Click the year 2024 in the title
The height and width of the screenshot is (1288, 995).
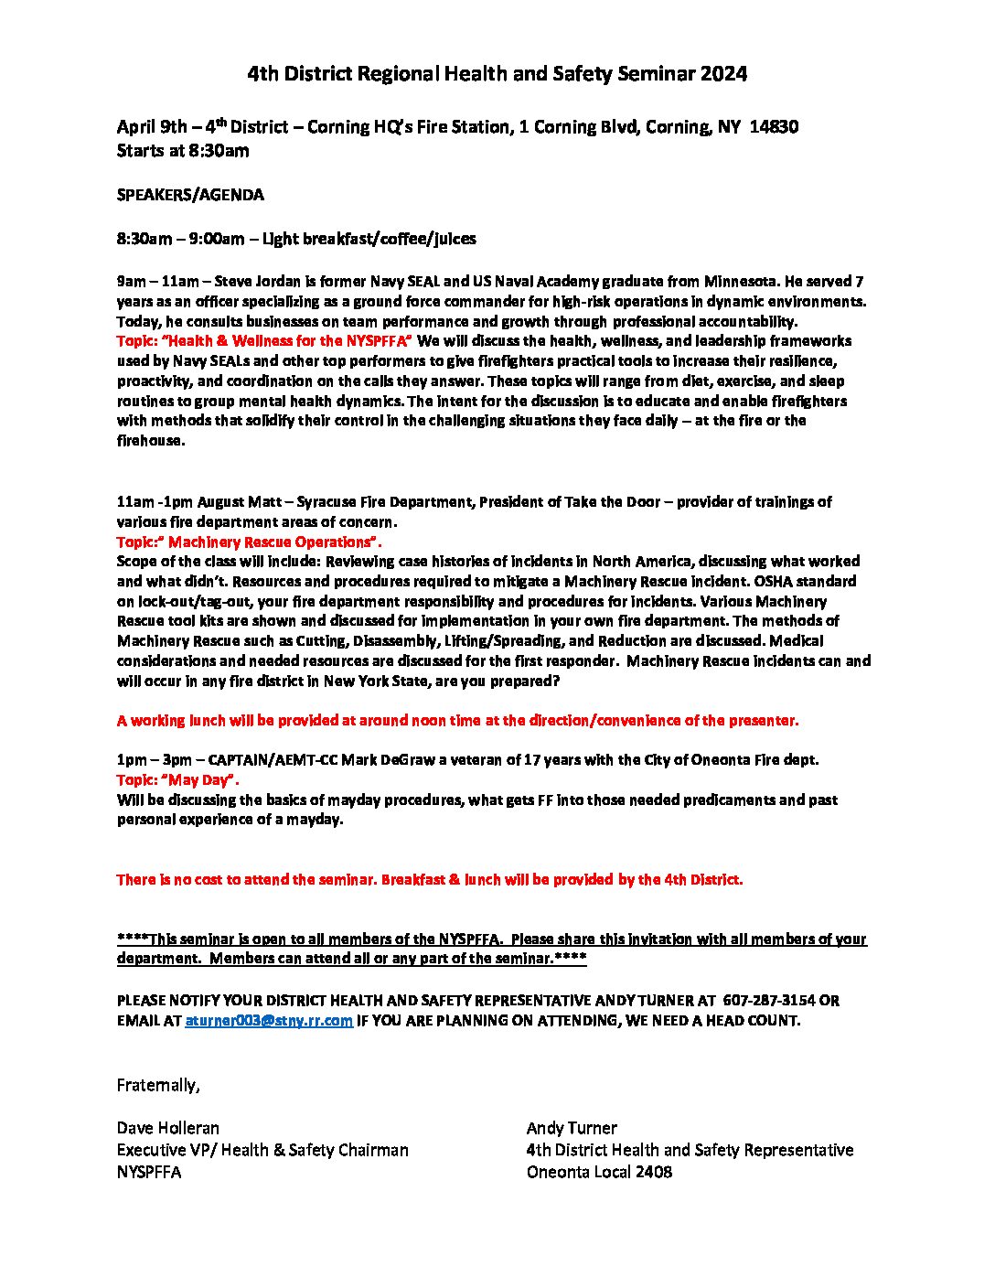coord(724,74)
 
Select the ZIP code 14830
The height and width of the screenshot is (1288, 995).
coord(773,127)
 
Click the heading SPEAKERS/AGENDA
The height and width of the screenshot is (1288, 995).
coord(190,195)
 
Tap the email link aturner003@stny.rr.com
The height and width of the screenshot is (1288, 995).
coord(269,1021)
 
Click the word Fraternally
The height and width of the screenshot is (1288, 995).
coord(157,1085)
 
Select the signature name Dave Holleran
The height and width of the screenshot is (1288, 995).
coord(168,1128)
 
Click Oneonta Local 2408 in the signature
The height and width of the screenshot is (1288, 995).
coord(599,1172)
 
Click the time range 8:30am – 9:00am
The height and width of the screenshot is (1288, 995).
coord(180,240)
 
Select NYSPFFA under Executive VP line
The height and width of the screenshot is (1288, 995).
coord(148,1172)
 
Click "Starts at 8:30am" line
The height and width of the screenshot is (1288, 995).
coord(183,151)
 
